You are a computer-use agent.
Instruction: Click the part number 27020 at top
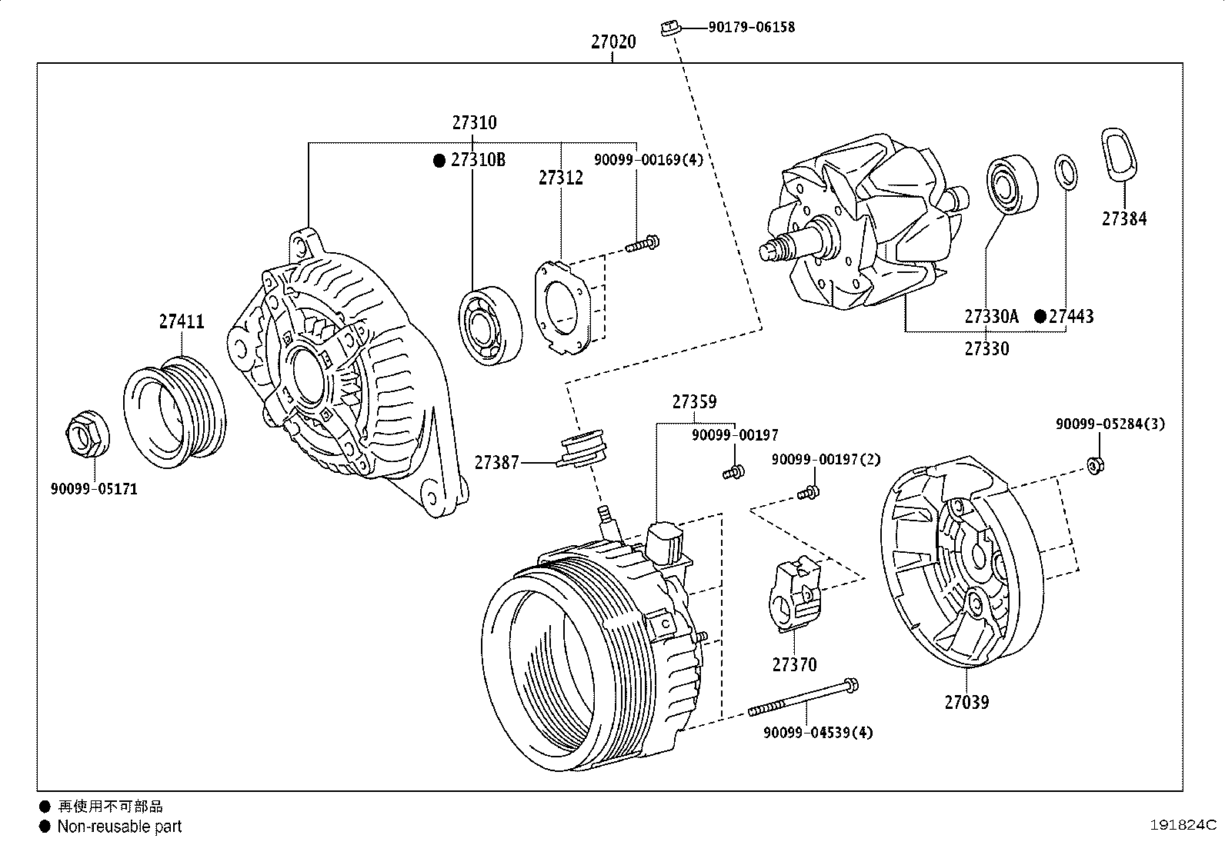pos(613,42)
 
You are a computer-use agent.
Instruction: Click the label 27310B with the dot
pos(477,160)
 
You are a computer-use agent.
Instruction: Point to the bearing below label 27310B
pos(489,326)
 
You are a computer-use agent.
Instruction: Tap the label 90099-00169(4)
pos(648,160)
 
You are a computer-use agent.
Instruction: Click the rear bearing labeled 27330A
pos(1013,185)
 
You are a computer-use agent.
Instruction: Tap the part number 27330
pos(986,349)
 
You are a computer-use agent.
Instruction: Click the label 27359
pos(693,402)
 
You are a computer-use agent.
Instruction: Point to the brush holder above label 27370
pos(796,596)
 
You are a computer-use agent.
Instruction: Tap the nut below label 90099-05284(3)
pos(1096,464)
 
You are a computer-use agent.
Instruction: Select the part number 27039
pos(966,702)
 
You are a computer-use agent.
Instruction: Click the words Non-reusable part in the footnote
pos(119,827)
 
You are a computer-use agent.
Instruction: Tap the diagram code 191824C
pos(1182,826)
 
